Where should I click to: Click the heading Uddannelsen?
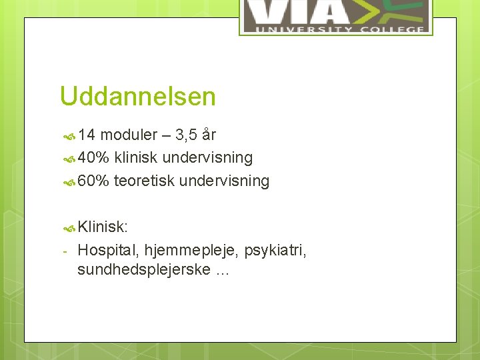click(137, 97)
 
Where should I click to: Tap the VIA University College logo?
click(335, 16)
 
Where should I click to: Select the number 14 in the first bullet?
click(87, 135)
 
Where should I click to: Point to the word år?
click(209, 135)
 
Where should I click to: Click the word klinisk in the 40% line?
click(136, 158)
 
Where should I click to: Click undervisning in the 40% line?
click(207, 158)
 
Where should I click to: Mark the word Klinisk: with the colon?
click(102, 227)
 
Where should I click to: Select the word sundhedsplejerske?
click(144, 271)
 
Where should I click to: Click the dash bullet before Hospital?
click(65, 251)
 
